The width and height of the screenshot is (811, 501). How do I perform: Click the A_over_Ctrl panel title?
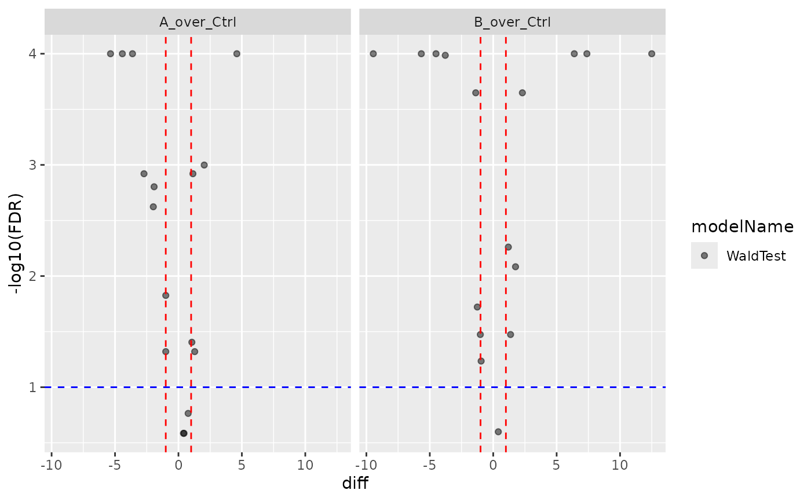pos(198,23)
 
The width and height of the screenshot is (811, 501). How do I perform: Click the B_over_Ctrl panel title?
pos(512,23)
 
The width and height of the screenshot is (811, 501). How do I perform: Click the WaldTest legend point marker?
pos(704,256)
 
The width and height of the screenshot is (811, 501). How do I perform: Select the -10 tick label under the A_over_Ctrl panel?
pos(52,466)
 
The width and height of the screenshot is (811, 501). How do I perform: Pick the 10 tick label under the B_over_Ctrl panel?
pos(620,466)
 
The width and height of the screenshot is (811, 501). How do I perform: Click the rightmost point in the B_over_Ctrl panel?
pos(651,54)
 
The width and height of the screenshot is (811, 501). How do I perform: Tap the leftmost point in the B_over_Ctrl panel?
pos(373,54)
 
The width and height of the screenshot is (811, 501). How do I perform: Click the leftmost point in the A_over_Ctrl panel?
pos(111,54)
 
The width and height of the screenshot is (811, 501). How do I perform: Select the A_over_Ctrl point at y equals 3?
pos(204,165)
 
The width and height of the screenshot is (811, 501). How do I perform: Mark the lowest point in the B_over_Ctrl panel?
pos(498,431)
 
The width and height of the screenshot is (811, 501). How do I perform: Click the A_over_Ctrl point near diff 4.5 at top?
pos(236,54)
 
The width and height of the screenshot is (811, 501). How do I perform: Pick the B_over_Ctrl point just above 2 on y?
pos(515,266)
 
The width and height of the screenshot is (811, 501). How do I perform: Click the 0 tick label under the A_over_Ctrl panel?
pos(178,466)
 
